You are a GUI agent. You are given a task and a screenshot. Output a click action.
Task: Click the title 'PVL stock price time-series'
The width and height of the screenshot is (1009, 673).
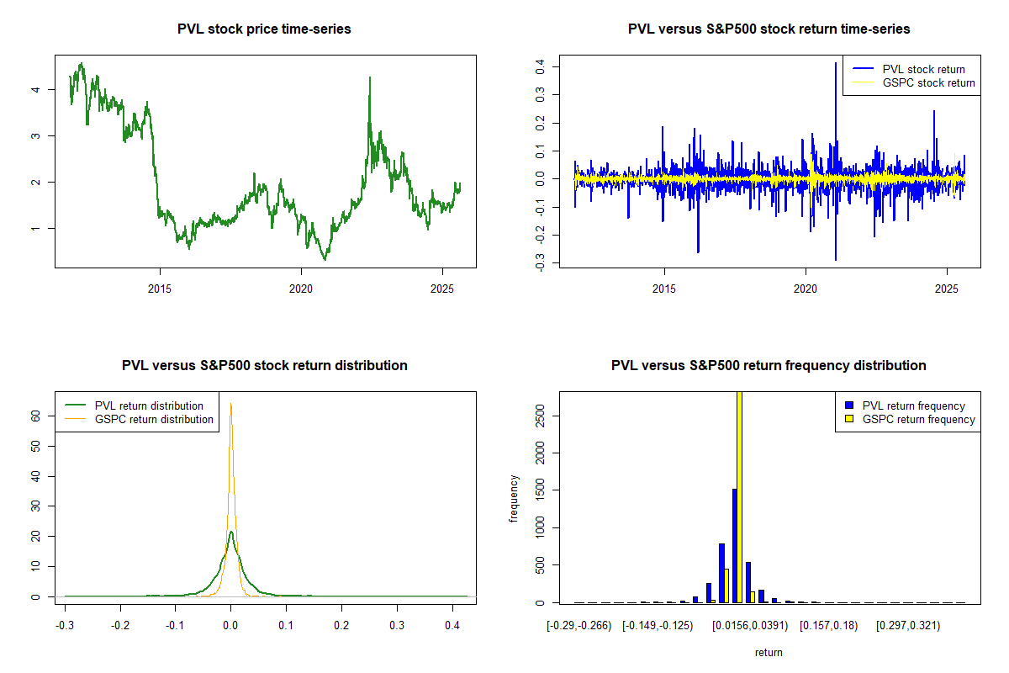tap(264, 29)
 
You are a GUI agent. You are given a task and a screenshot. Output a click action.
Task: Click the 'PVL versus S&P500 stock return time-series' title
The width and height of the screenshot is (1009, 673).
tap(769, 29)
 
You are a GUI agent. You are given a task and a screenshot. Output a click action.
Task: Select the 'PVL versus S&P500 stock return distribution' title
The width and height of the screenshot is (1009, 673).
tap(264, 366)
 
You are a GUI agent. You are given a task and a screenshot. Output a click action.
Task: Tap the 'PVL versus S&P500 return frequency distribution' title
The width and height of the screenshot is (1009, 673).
tap(769, 366)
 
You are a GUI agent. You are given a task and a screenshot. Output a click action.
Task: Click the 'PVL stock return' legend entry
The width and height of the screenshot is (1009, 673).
tap(923, 69)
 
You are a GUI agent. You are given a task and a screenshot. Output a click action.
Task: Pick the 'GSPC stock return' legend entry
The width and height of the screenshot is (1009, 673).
tap(928, 82)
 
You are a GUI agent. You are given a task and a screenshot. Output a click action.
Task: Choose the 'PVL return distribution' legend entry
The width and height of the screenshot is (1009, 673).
tap(149, 405)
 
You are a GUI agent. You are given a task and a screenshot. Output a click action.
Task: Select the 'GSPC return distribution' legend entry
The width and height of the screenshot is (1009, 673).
tap(154, 419)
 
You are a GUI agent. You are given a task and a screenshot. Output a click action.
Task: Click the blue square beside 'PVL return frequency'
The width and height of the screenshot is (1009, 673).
tap(850, 405)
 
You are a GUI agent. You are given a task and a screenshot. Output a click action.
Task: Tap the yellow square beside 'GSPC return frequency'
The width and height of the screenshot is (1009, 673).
tap(850, 419)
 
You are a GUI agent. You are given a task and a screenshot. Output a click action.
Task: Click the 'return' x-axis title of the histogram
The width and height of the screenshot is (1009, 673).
tap(769, 652)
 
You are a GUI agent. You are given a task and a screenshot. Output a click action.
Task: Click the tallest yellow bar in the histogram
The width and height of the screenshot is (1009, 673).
tap(740, 496)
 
